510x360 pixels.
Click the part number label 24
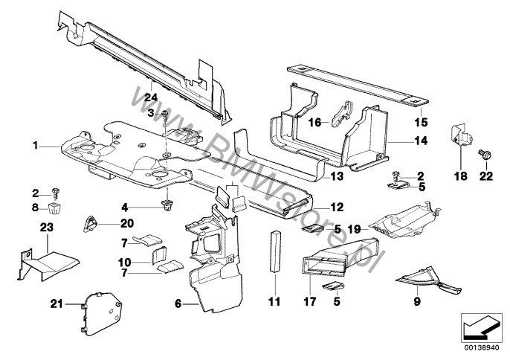[150, 96]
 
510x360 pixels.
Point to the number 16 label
[314, 122]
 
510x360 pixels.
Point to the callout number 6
[178, 303]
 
